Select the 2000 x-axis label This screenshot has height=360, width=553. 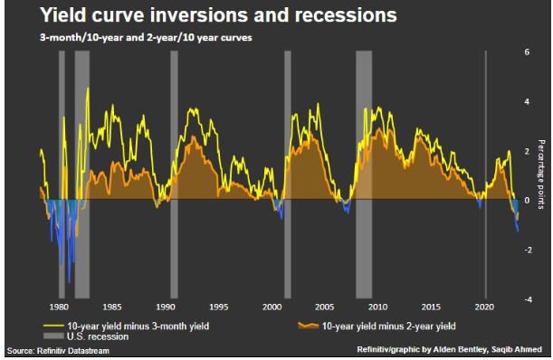tap(271, 307)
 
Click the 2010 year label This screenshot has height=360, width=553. tap(378, 307)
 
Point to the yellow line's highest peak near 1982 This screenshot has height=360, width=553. tap(88, 88)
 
